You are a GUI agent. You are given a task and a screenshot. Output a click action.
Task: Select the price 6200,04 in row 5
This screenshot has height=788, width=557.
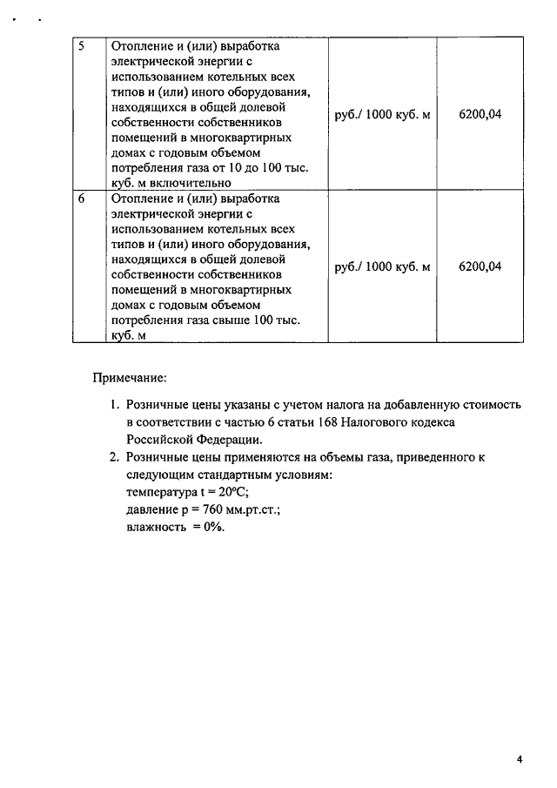point(480,115)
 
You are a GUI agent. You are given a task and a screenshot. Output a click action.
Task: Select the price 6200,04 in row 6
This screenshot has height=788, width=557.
point(480,266)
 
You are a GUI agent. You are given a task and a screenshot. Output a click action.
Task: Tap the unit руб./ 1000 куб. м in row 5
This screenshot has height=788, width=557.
point(382,115)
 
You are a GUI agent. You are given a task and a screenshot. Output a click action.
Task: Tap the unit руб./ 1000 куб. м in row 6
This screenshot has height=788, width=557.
point(382,266)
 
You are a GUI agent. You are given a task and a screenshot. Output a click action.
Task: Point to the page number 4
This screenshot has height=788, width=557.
point(519,759)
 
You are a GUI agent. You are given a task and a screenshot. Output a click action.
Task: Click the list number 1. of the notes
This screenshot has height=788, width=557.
point(115,405)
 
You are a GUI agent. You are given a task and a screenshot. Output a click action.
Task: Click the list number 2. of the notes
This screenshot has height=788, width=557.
point(115,457)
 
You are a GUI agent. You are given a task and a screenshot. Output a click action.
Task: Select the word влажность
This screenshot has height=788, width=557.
point(157,527)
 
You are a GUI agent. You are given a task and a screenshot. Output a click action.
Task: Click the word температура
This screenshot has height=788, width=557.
point(161,492)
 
